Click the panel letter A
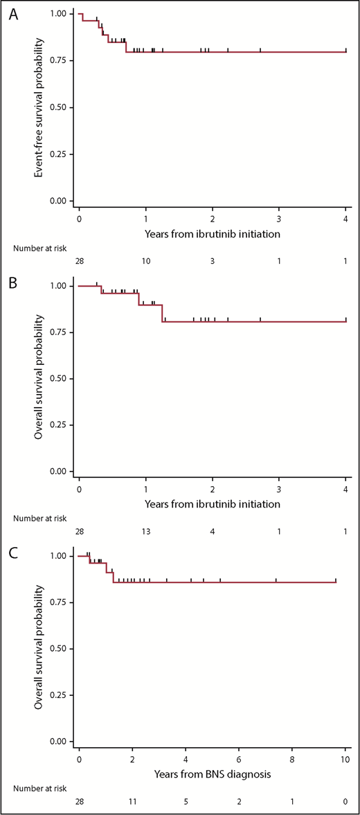[x=12, y=15]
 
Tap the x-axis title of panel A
[x=213, y=233]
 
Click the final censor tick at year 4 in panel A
[x=345, y=50]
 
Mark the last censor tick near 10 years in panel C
[x=336, y=580]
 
